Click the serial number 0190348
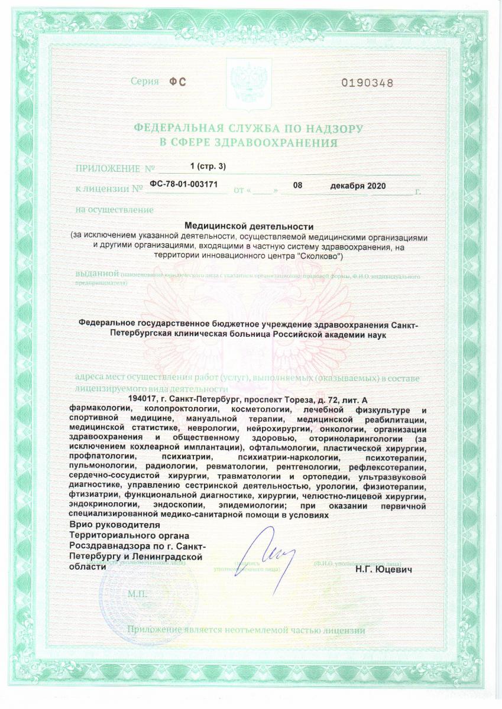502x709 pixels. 367,83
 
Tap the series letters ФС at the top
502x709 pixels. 177,82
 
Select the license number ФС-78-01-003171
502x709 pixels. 184,184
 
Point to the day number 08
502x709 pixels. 297,185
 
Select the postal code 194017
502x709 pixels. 141,400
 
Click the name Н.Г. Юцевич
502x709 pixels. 383,570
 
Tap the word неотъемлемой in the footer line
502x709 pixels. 260,630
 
